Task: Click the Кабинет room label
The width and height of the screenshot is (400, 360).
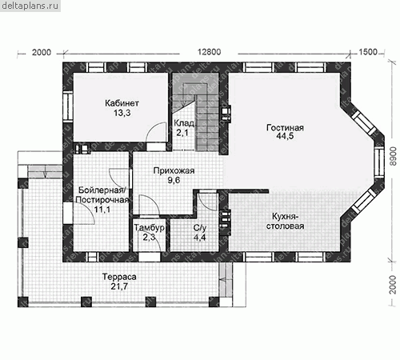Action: tap(122, 103)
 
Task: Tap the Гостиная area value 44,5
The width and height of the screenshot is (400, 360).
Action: tap(285, 136)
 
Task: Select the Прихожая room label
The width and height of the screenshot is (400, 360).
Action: tap(174, 170)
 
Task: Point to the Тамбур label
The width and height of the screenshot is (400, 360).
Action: tap(149, 227)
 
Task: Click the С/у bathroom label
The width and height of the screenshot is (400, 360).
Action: tap(200, 228)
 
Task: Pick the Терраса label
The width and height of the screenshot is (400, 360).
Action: tap(119, 277)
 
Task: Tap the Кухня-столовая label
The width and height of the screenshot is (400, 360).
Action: tap(285, 221)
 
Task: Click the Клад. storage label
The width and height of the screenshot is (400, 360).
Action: tap(184, 123)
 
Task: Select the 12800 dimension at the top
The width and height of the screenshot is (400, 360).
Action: tap(209, 52)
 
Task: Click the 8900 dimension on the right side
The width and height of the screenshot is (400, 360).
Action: tap(393, 156)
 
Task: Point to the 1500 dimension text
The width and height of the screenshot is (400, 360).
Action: tap(368, 52)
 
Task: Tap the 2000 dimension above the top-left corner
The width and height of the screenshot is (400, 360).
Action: tap(42, 52)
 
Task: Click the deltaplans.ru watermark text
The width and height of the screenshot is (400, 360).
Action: tap(30, 6)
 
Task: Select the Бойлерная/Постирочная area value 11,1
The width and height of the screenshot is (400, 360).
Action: tap(102, 210)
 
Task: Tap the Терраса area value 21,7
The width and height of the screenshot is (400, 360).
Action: tap(119, 286)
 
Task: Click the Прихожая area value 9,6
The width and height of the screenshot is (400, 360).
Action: tap(174, 180)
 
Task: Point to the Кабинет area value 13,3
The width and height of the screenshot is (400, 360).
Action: tap(122, 113)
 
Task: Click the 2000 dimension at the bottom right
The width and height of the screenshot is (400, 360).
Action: tap(393, 285)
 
